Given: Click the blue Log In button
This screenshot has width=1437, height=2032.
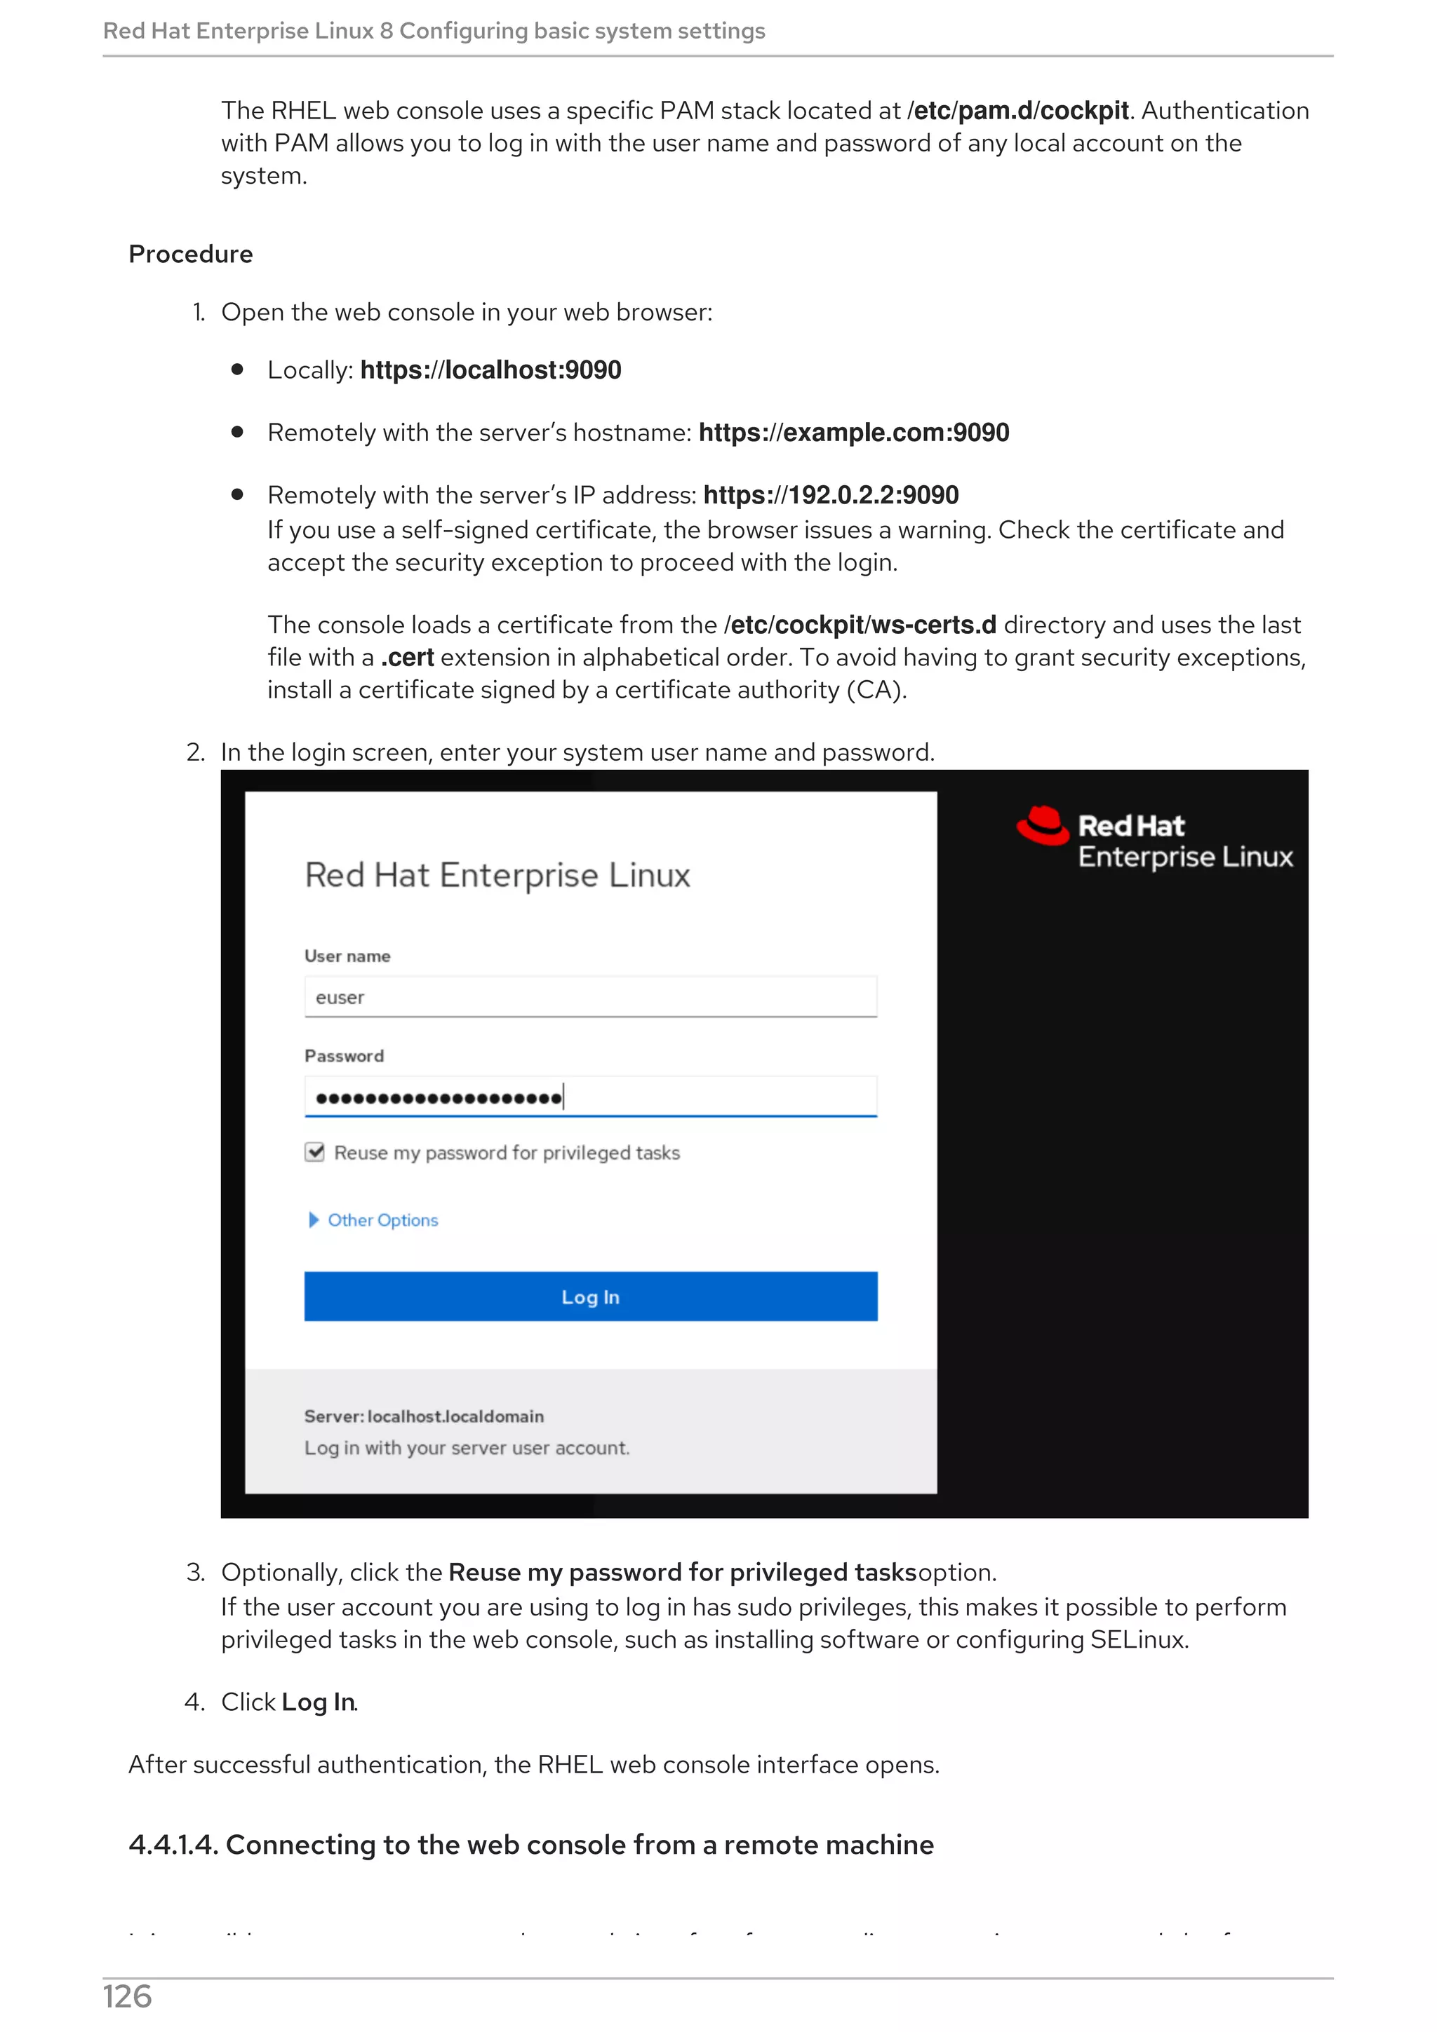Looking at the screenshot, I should [591, 1296].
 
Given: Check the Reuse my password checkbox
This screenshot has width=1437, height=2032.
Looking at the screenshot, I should [314, 1152].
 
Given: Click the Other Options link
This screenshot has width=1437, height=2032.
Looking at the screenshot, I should [382, 1221].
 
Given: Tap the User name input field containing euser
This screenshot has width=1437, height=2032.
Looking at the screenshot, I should [591, 997].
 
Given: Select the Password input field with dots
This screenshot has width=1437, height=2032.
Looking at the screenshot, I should [591, 1097].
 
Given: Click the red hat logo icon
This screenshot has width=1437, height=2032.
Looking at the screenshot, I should [1043, 826].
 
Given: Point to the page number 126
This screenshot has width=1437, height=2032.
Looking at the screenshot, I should [128, 1998].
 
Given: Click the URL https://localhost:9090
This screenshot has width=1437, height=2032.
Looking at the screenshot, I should [490, 370].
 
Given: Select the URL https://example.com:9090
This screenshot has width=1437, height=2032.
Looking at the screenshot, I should [853, 433].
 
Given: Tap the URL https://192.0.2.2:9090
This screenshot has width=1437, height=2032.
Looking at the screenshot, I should [831, 495].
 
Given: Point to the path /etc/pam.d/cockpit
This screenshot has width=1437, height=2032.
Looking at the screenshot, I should [1018, 111].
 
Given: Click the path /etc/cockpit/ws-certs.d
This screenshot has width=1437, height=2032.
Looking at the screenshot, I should [860, 625].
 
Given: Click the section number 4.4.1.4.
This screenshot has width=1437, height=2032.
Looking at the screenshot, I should [173, 1845].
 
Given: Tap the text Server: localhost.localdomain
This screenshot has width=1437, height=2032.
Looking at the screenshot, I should [424, 1416].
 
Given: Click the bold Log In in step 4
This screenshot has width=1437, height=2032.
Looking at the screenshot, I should [319, 1702].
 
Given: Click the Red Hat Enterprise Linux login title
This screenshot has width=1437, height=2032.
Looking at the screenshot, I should [497, 875].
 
